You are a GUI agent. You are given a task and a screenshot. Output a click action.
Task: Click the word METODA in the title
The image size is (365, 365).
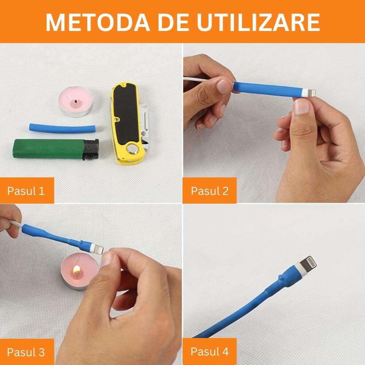pos(98,22)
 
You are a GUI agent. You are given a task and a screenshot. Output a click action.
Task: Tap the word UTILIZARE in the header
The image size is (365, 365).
pos(258,22)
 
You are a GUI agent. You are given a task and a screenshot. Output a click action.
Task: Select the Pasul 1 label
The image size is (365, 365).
pos(26,191)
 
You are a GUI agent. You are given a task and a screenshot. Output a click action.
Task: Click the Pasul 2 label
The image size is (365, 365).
pos(210,191)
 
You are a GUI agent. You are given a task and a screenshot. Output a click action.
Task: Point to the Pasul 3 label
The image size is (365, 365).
pos(26,352)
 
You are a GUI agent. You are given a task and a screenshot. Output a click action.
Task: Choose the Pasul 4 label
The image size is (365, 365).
pos(210,351)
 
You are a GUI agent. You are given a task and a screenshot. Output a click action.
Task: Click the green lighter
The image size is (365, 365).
pos(55,149)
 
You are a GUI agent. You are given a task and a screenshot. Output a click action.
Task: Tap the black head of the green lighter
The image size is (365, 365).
pos(91,149)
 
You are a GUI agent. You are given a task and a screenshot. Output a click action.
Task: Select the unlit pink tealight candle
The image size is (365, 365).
pos(76,101)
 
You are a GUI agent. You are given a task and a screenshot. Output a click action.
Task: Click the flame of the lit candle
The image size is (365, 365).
pos(77,270)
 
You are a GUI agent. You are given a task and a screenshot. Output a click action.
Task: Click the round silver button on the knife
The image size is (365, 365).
pos(132,149)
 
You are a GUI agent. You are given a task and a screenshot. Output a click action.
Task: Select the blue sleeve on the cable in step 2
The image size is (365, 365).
pos(268,89)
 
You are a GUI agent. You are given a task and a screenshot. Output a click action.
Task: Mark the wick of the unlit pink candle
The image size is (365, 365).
pos(76,101)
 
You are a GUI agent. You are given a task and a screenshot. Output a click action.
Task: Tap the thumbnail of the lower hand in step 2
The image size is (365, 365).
pos(302,106)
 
